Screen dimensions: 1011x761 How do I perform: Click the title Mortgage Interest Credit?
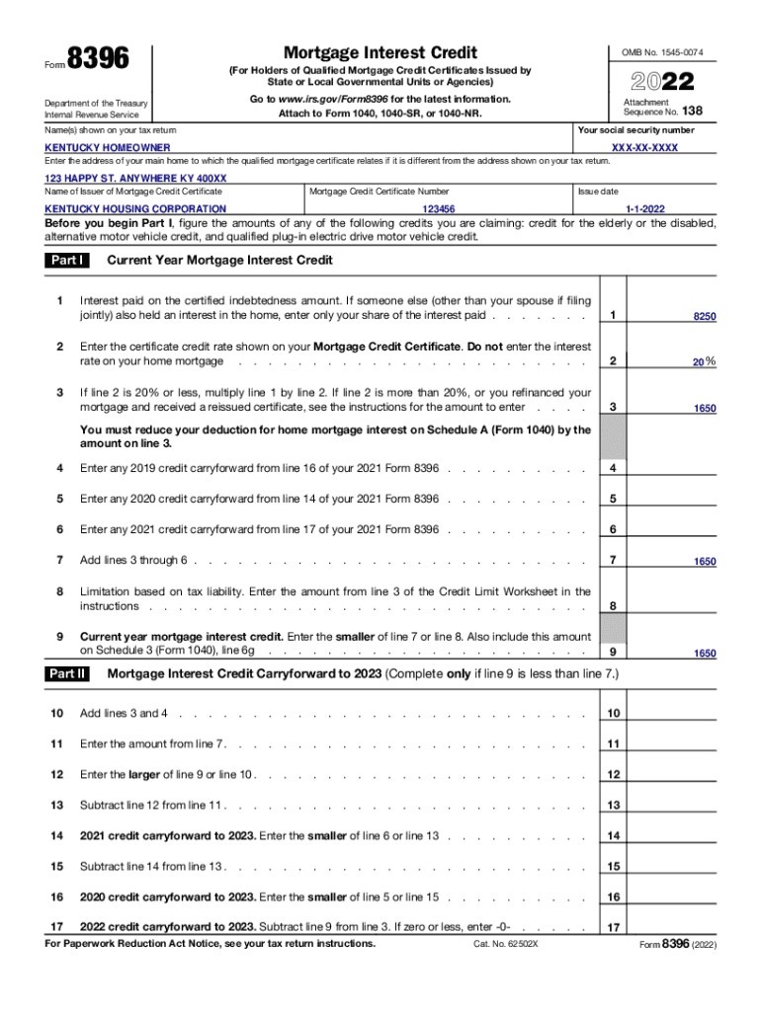click(x=380, y=52)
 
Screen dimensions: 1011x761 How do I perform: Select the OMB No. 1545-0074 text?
click(x=662, y=52)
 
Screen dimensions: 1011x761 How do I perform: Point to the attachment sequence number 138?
click(x=692, y=112)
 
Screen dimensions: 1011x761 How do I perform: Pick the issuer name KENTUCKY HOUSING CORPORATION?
click(x=136, y=209)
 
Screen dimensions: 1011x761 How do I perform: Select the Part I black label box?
click(x=67, y=261)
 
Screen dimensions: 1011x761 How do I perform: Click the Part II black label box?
click(x=67, y=674)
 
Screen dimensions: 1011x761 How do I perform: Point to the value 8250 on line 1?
click(x=704, y=316)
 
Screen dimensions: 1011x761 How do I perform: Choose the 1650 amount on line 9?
click(x=704, y=654)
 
